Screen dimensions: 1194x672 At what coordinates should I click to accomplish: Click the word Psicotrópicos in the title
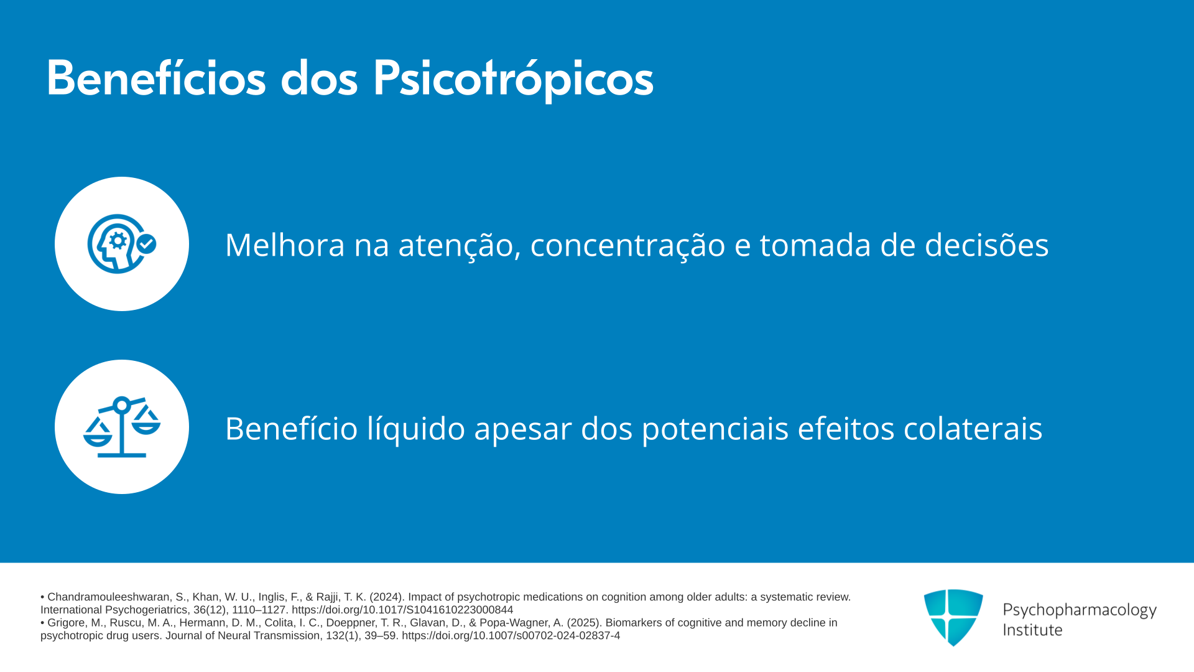click(x=513, y=79)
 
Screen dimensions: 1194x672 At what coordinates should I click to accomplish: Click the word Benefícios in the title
click(x=156, y=78)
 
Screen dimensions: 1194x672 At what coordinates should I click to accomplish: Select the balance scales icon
click(x=122, y=427)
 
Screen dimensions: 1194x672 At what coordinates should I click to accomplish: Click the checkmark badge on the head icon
click(x=146, y=244)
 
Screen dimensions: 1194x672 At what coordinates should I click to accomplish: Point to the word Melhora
click(x=285, y=245)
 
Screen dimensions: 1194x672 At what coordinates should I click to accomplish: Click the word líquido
click(x=416, y=429)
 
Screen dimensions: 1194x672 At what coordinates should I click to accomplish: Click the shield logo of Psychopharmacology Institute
click(x=953, y=617)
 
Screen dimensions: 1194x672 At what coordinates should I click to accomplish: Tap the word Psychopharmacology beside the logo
click(x=1080, y=610)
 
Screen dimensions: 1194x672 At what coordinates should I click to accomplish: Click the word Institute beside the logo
click(x=1032, y=630)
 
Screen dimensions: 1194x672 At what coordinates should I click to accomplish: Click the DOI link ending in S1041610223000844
click(x=402, y=610)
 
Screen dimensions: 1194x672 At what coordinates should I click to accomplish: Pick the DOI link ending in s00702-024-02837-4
click(x=511, y=635)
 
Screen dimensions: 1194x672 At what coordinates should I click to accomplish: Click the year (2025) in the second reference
click(x=583, y=623)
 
